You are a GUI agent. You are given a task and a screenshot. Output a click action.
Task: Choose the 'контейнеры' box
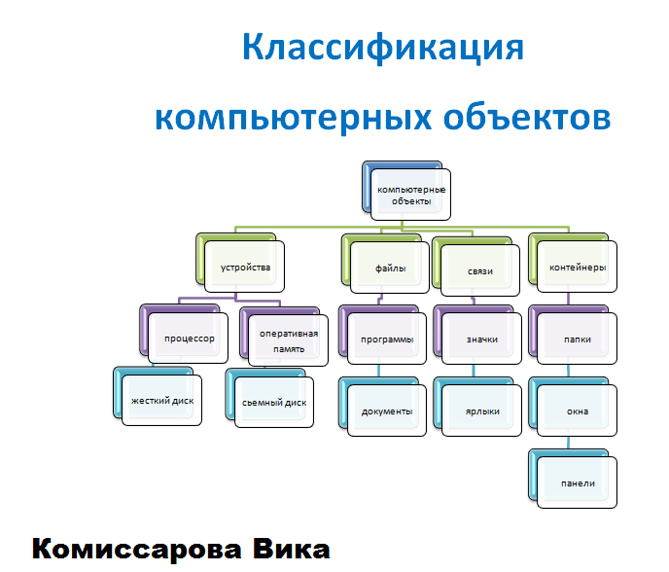click(x=578, y=267)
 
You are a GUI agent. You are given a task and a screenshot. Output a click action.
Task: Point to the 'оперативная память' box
click(x=286, y=340)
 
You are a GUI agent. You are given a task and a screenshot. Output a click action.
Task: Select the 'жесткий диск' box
click(x=161, y=401)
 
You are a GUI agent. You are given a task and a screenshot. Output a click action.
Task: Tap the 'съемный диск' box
click(x=274, y=401)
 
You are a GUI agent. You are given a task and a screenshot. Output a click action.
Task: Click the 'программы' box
click(x=386, y=340)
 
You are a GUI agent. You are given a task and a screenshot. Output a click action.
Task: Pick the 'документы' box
click(x=386, y=411)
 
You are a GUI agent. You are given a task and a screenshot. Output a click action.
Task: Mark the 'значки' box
click(x=481, y=340)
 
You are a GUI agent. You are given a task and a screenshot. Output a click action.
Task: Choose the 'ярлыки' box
click(x=481, y=411)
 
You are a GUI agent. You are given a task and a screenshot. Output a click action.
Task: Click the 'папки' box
click(x=577, y=340)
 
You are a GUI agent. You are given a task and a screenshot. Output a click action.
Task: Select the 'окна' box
click(x=577, y=411)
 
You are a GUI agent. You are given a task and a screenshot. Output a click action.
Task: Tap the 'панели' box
click(x=577, y=483)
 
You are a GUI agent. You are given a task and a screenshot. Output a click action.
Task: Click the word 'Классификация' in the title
click(x=382, y=48)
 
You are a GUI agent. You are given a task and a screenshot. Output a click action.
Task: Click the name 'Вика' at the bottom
click(x=286, y=549)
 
